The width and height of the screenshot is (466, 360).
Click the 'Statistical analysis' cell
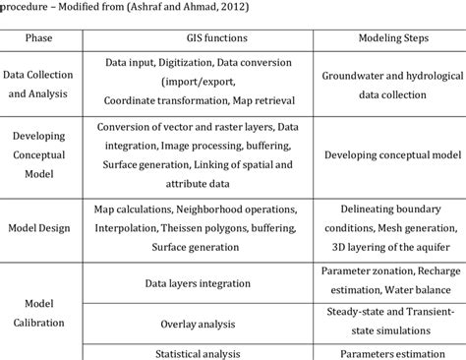point(202,351)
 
